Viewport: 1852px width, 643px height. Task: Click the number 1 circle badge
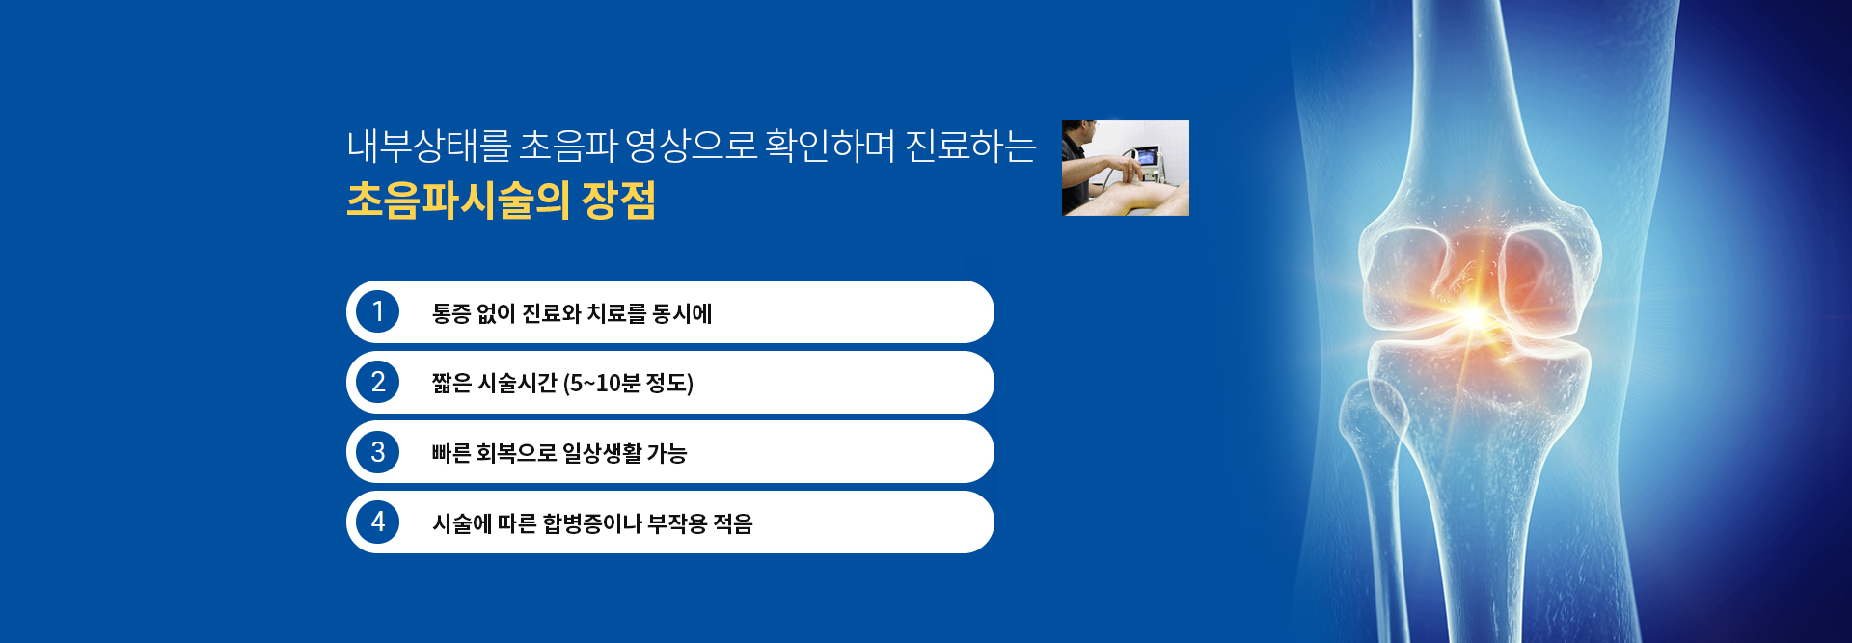[377, 312]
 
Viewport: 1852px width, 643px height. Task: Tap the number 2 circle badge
[377, 383]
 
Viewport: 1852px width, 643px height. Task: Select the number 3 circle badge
[377, 452]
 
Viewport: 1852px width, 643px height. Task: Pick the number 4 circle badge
[377, 522]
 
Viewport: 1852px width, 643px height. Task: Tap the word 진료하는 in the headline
[970, 146]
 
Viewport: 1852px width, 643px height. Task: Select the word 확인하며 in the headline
[831, 146]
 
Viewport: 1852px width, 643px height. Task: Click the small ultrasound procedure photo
[1126, 168]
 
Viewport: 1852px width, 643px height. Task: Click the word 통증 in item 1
[450, 313]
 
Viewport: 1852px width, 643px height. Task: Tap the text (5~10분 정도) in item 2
[628, 384]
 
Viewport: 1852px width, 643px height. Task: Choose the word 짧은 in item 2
[451, 384]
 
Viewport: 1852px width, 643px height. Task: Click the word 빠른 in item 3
[450, 453]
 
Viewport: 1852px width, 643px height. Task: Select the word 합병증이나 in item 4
[592, 523]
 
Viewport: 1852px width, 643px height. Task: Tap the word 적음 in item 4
[733, 523]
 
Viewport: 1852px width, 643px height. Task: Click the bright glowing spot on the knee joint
[1473, 314]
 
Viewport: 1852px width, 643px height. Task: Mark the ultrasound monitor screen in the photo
[1147, 157]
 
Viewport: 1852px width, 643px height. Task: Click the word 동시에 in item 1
[682, 313]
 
